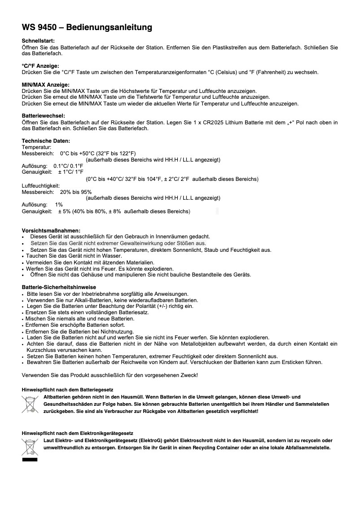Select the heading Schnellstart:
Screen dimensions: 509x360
[38, 41]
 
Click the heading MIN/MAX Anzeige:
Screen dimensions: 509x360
[46, 85]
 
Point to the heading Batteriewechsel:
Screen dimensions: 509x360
[44, 116]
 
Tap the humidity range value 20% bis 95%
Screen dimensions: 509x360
[75, 192]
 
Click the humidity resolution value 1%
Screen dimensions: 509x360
[59, 205]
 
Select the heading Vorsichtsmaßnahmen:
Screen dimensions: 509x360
[51, 230]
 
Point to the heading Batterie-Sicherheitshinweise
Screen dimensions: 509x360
[59, 287]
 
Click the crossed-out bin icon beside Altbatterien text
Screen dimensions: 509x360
[30, 404]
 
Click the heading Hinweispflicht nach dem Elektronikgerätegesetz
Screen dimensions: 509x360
[77, 434]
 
